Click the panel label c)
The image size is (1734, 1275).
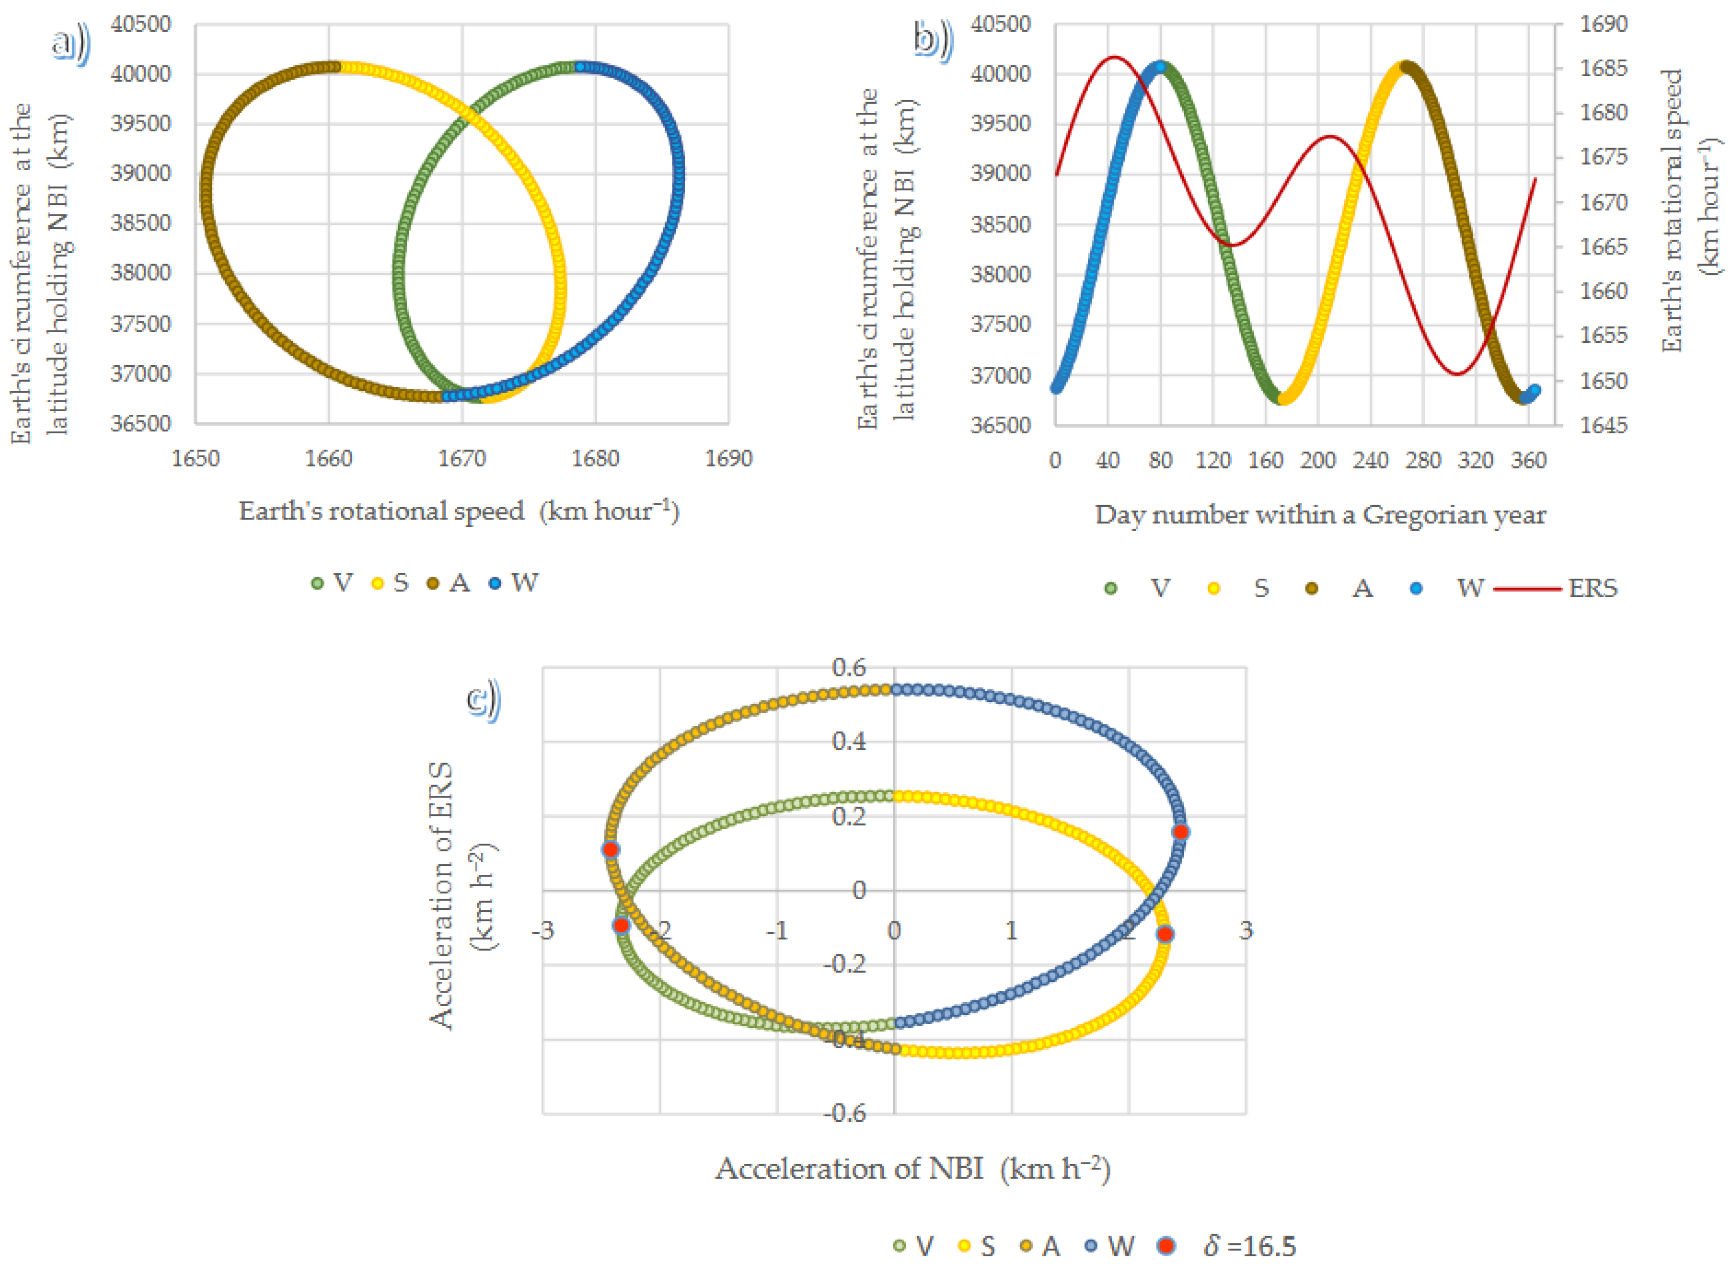pyautogui.click(x=484, y=699)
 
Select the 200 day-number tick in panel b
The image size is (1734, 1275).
pyautogui.click(x=1317, y=461)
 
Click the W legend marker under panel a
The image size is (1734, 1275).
pyautogui.click(x=496, y=583)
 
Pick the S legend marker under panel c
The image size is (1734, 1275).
pyautogui.click(x=964, y=1246)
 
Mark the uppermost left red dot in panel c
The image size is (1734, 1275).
pyautogui.click(x=611, y=849)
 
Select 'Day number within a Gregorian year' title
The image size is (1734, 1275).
pyautogui.click(x=1320, y=515)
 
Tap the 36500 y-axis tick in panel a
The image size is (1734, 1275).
pyautogui.click(x=140, y=423)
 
